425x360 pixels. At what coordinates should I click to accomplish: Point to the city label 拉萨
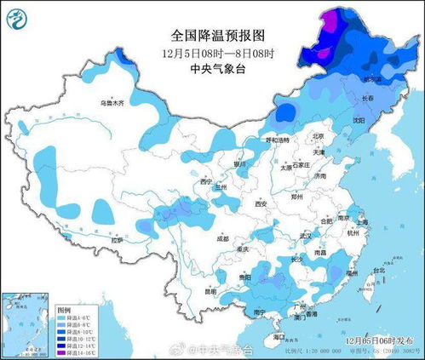[x=116, y=240]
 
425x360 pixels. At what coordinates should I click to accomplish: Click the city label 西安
[x=261, y=204]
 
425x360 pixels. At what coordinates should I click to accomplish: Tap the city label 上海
[x=363, y=221]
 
